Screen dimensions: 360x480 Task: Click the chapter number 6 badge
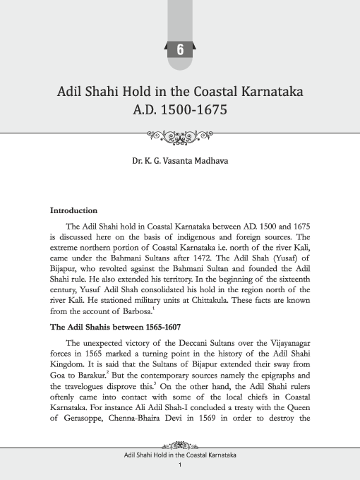coord(180,49)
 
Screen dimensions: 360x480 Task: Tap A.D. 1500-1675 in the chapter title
coord(179,111)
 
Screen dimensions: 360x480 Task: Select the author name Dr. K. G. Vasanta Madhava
coord(180,161)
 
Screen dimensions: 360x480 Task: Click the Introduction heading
coord(73,210)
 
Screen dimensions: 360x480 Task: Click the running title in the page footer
coord(180,455)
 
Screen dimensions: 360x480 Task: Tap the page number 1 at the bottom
coord(180,465)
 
